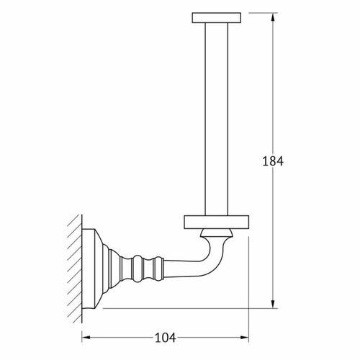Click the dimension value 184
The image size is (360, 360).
[x=273, y=161]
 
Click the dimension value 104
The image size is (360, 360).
[x=165, y=338]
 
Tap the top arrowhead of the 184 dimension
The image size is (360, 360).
[x=273, y=17]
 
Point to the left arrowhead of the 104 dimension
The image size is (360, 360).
[x=86, y=338]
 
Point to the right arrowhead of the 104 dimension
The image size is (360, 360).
[x=245, y=338]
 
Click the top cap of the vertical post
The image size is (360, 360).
[x=217, y=18]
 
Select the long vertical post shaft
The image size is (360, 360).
[x=217, y=120]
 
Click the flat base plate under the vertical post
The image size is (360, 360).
[x=217, y=222]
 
